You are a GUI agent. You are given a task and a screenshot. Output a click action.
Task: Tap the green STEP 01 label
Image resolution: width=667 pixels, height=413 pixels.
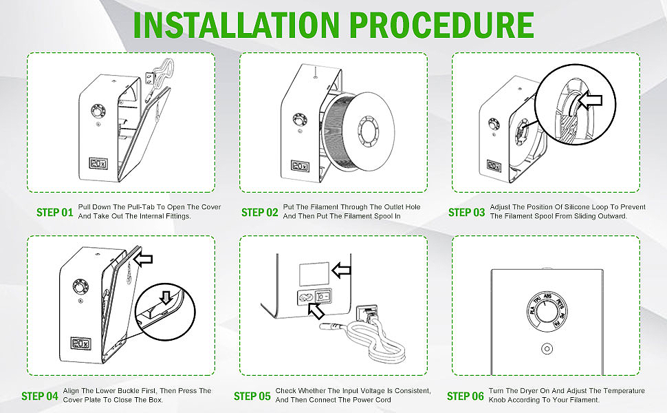(x=54, y=212)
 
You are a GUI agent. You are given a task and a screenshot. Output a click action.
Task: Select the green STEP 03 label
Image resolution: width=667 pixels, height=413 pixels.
(x=466, y=212)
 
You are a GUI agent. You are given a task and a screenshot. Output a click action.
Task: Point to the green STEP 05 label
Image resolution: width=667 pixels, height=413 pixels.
(x=252, y=396)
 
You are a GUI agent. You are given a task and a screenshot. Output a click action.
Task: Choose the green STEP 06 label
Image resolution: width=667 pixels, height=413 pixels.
(x=465, y=396)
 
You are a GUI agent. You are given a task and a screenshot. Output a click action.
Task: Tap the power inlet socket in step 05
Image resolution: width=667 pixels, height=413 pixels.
(x=303, y=299)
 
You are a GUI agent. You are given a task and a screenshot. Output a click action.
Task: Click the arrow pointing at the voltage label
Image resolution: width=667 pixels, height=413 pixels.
(x=342, y=269)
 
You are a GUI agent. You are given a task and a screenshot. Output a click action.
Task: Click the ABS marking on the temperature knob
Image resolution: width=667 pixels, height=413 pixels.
(x=548, y=299)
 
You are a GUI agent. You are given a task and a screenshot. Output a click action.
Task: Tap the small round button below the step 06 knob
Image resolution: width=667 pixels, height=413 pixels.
(x=547, y=349)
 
